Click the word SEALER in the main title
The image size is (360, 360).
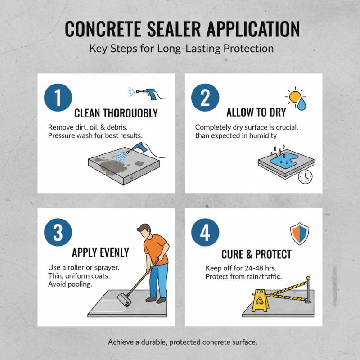[175, 28]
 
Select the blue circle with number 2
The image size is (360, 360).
[205, 97]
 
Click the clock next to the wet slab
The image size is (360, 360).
[305, 176]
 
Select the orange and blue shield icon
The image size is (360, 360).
[299, 234]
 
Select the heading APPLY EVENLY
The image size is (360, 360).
[100, 252]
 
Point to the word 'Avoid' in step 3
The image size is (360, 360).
[57, 284]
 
